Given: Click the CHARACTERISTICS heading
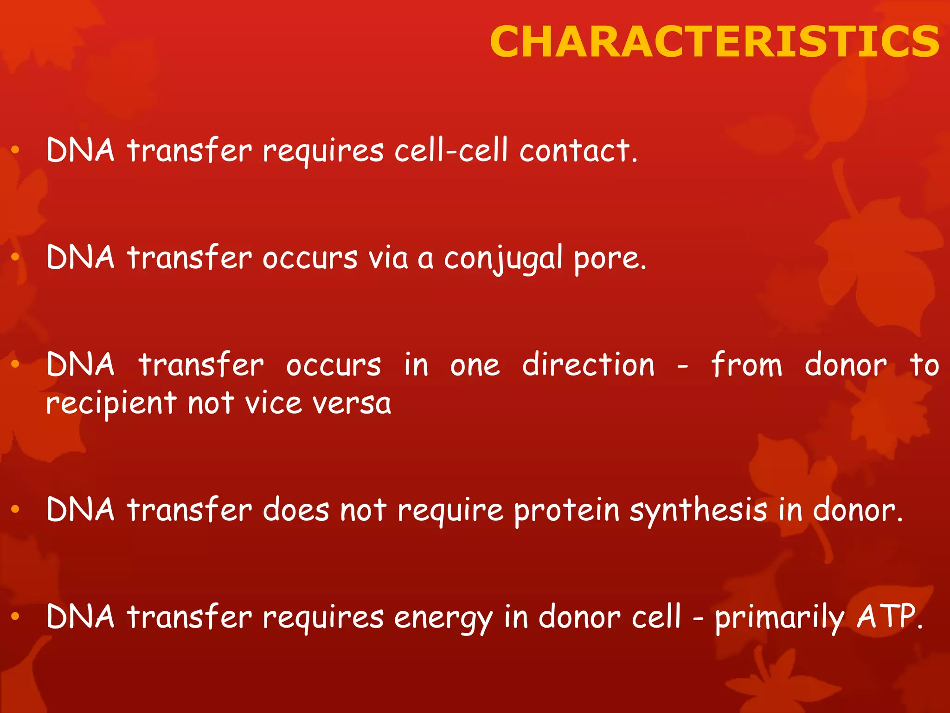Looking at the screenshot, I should (714, 42).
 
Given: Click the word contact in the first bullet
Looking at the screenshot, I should (578, 151).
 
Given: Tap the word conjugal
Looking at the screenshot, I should (503, 258).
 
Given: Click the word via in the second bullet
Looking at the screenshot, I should (388, 258).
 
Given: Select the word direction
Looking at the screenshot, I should (588, 365).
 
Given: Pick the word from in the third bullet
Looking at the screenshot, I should (746, 365).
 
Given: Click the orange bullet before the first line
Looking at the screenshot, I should (15, 150).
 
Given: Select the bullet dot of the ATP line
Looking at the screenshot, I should (15, 616).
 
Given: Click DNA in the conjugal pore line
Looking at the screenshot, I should (80, 258).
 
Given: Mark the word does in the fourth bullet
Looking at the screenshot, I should (296, 510).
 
